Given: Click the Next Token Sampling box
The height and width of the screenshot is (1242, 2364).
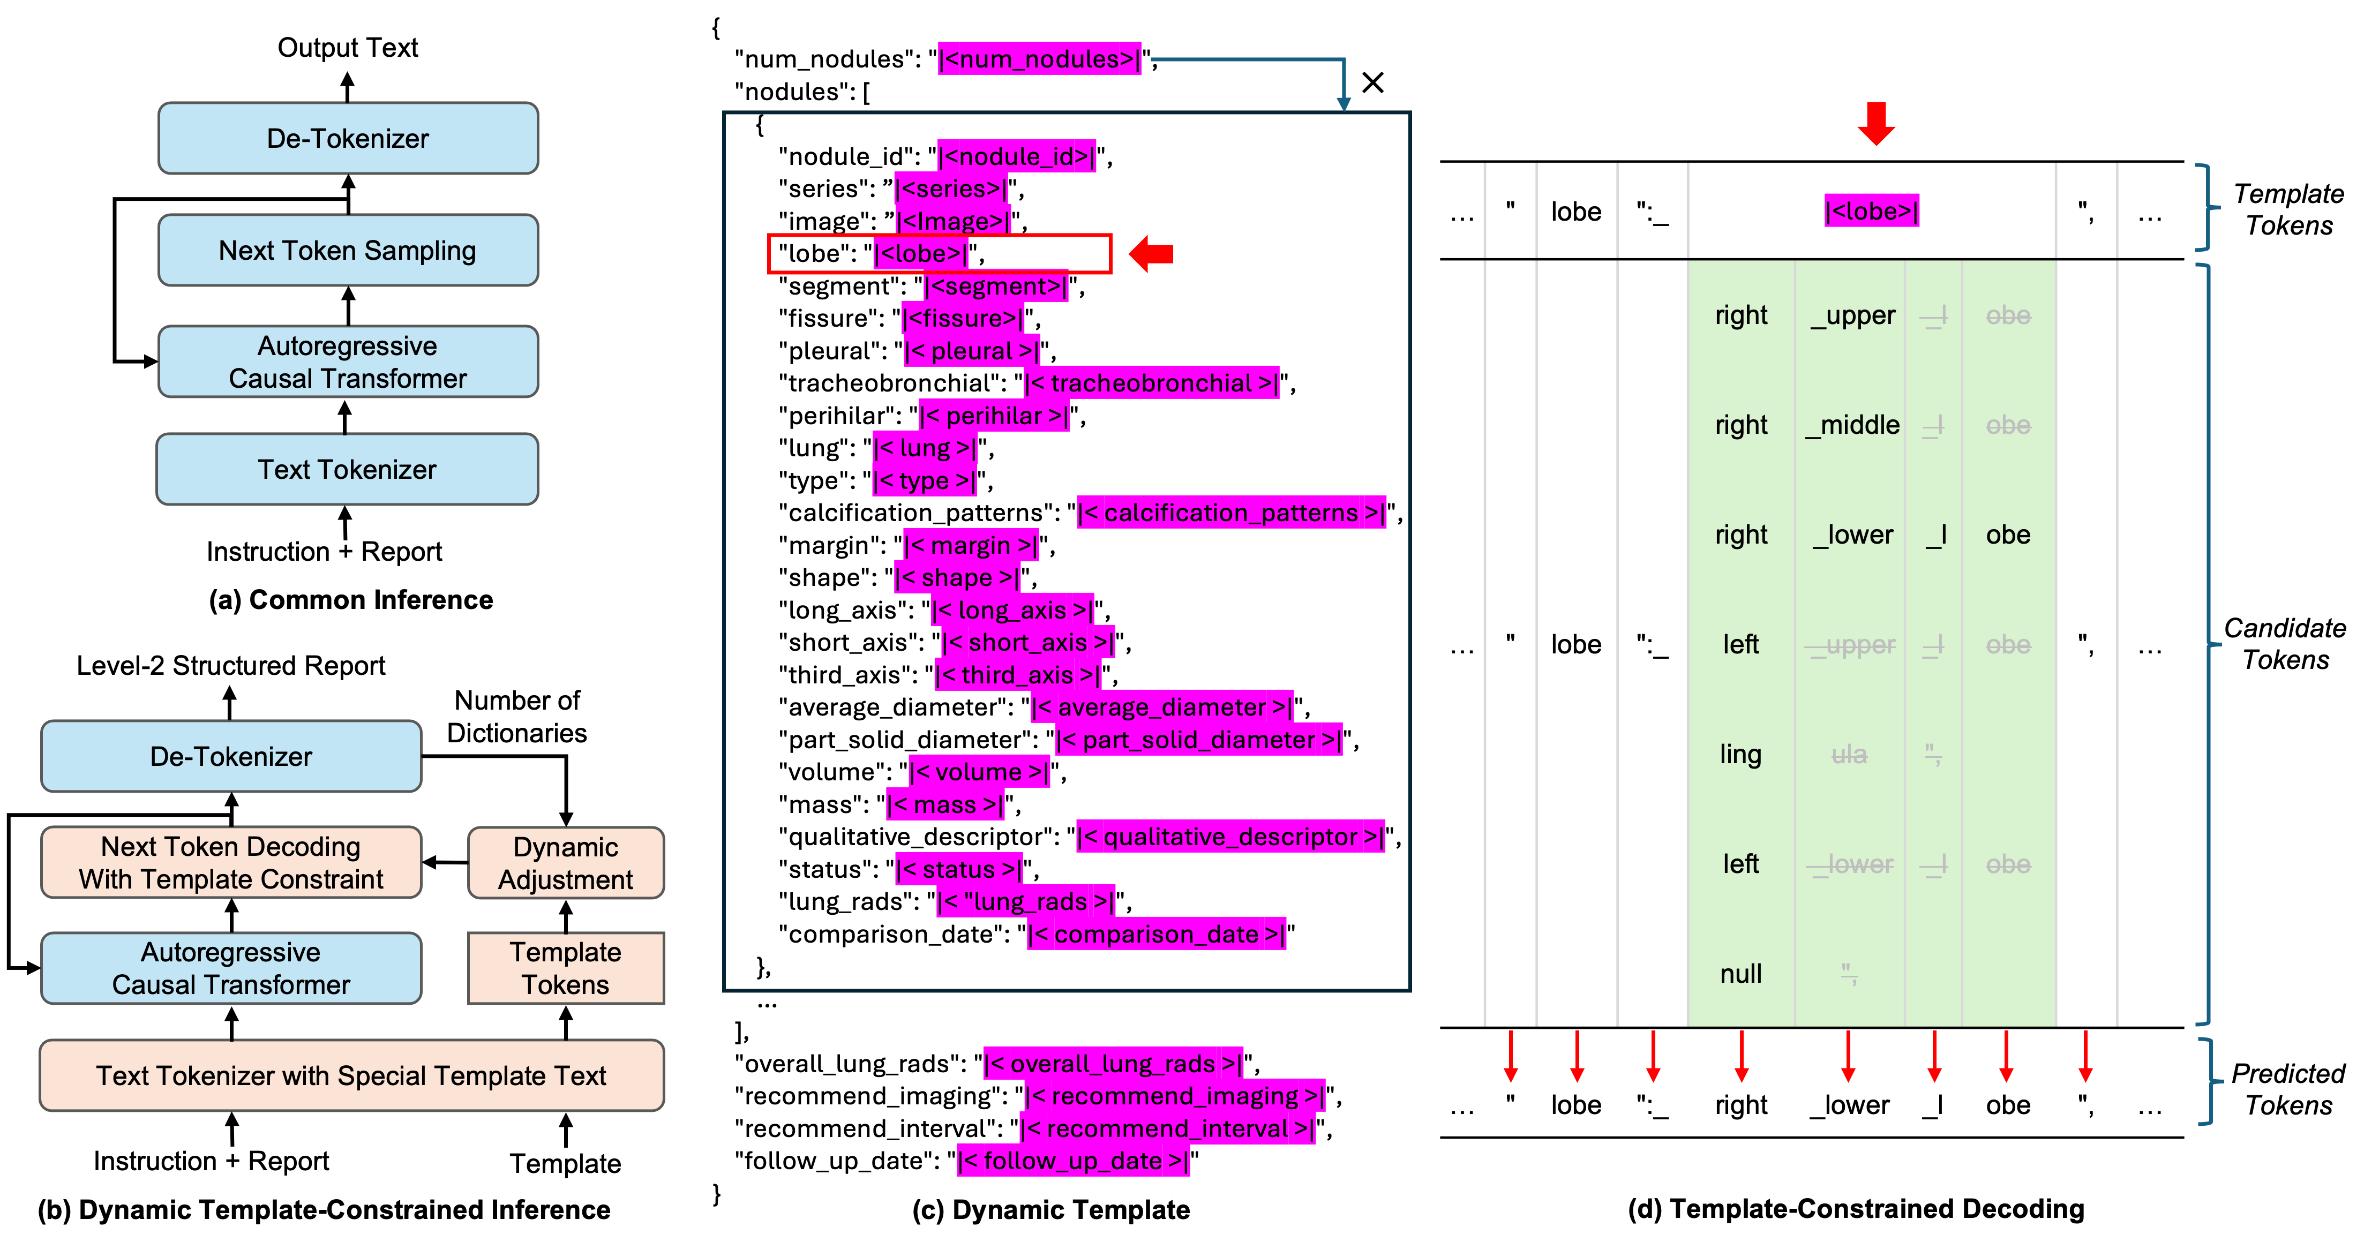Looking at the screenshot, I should pos(348,251).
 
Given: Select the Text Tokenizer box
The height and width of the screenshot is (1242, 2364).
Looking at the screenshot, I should pos(347,470).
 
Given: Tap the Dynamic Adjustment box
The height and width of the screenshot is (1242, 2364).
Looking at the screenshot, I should pos(565,863).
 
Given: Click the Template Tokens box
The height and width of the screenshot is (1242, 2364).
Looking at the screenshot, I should pos(565,969).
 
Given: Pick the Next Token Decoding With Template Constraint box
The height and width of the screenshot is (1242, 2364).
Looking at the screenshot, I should pos(231,863).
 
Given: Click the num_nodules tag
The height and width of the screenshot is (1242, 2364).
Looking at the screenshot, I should pos(1040,59).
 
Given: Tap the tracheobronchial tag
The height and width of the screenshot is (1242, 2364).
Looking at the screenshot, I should pos(1151,383).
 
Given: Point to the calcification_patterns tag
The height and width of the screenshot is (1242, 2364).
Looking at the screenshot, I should pos(1230,513).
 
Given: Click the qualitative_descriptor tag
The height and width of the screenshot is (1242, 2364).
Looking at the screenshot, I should pos(1230,837).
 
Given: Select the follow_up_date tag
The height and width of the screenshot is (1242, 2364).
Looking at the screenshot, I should pos(1073,1161).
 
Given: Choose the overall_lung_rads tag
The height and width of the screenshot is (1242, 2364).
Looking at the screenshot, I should pos(1113,1064).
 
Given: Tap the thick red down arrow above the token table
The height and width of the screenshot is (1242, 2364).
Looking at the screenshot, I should pos(1876,124).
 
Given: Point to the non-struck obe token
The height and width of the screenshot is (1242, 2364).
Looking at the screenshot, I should pos(2008,535).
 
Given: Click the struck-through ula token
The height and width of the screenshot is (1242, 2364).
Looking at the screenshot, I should pos(1849,755).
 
